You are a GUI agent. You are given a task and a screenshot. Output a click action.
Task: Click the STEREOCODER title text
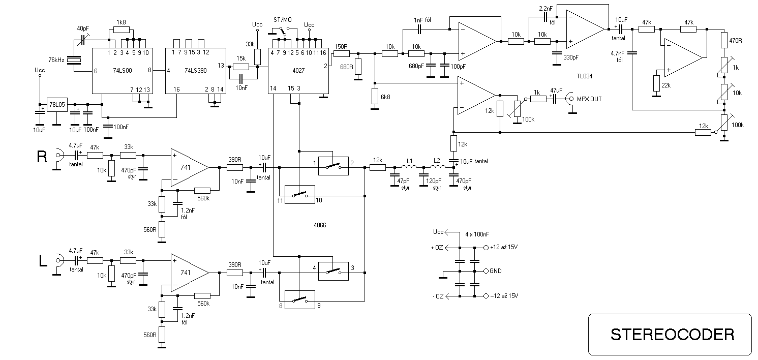point(673,335)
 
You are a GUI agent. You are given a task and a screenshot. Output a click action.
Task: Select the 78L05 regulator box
point(57,105)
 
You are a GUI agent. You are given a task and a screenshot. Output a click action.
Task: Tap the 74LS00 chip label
point(123,70)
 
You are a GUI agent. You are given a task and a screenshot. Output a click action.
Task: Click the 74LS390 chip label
point(196,70)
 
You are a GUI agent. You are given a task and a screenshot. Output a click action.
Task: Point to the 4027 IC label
point(298,70)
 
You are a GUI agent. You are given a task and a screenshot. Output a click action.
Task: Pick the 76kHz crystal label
point(56,60)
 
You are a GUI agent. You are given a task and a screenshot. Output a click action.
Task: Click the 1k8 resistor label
point(121,22)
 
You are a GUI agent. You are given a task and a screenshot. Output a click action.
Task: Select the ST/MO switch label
point(283,20)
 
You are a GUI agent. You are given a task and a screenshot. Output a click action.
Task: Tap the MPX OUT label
point(589,99)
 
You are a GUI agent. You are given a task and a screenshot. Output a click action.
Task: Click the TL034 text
point(585,76)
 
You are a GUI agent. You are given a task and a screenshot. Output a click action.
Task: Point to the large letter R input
point(42,157)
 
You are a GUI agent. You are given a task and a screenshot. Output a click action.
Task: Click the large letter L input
point(43,261)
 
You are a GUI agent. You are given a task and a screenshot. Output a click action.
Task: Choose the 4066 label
point(320,225)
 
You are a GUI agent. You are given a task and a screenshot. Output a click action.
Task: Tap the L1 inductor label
point(409,161)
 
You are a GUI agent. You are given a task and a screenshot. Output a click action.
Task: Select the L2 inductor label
point(437,161)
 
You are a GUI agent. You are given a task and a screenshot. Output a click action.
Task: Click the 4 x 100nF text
point(477,234)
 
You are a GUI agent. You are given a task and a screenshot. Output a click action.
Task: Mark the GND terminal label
point(495,271)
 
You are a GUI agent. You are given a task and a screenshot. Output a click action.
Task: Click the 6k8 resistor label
point(385,97)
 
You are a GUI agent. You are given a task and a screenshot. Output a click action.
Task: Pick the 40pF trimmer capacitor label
point(83,28)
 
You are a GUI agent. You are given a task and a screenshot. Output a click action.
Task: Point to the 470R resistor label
point(736,41)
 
